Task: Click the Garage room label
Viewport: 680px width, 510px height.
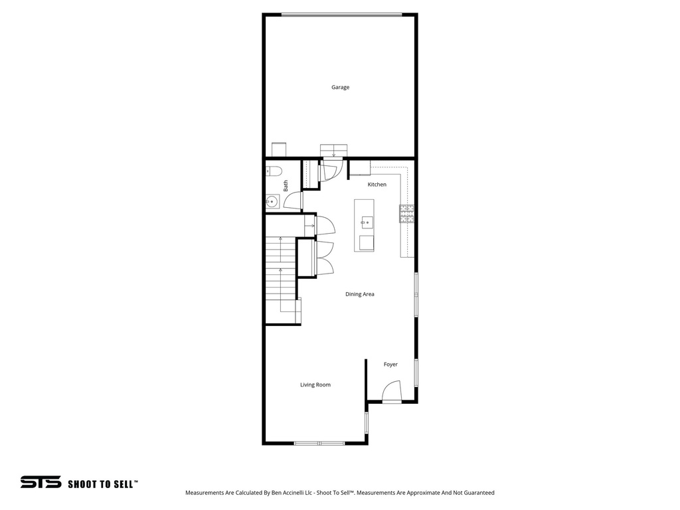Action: (340, 87)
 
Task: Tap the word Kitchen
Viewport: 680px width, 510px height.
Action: (377, 185)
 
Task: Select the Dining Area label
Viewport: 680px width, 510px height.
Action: (359, 294)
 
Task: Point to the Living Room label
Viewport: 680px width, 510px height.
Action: (315, 384)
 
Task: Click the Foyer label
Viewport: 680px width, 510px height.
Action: (390, 365)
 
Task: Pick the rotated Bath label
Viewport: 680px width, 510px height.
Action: (286, 186)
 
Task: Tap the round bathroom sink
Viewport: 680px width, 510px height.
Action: (272, 201)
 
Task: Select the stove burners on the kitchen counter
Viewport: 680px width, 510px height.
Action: (406, 213)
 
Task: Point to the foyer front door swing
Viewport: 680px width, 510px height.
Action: (392, 391)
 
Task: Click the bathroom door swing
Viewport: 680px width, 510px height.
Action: (294, 201)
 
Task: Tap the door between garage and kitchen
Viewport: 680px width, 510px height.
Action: (330, 169)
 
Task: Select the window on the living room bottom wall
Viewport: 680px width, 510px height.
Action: (319, 443)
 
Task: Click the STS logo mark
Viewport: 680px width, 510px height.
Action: (41, 482)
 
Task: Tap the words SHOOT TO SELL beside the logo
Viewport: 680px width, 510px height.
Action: (103, 484)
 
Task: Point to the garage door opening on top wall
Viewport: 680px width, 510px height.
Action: (341, 15)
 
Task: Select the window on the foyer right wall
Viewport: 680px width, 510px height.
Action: (416, 373)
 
